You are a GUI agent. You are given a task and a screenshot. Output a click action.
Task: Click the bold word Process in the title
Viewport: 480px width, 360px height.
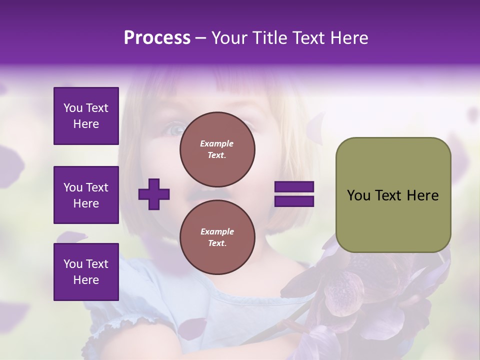point(157,38)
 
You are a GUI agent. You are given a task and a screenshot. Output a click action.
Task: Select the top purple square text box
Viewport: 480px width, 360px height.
point(86,116)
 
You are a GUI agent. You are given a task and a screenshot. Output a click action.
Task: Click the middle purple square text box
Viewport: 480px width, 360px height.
point(86,195)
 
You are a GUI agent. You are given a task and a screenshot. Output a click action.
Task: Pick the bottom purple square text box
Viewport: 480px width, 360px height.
point(86,272)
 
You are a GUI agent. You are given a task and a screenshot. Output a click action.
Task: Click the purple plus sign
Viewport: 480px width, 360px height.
point(154,193)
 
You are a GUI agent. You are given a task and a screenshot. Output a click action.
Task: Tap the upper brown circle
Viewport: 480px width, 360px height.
point(217,149)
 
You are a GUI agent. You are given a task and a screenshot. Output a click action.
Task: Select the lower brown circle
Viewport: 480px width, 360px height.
point(217,237)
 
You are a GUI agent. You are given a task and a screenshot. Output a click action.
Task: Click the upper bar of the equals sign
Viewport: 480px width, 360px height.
point(294,187)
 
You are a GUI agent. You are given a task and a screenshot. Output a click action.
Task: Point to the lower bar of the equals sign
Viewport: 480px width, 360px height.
point(294,201)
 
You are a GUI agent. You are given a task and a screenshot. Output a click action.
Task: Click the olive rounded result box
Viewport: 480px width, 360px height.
point(393,195)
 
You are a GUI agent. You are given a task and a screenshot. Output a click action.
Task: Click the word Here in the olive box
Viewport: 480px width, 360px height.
point(422,195)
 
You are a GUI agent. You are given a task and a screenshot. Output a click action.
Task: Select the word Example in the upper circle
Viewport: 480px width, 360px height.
point(217,143)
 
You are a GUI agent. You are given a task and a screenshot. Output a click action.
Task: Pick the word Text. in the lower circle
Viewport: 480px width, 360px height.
point(217,243)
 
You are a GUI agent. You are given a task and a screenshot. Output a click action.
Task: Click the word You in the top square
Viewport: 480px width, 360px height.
point(72,108)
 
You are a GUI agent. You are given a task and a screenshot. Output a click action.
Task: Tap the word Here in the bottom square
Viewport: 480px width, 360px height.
point(86,280)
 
